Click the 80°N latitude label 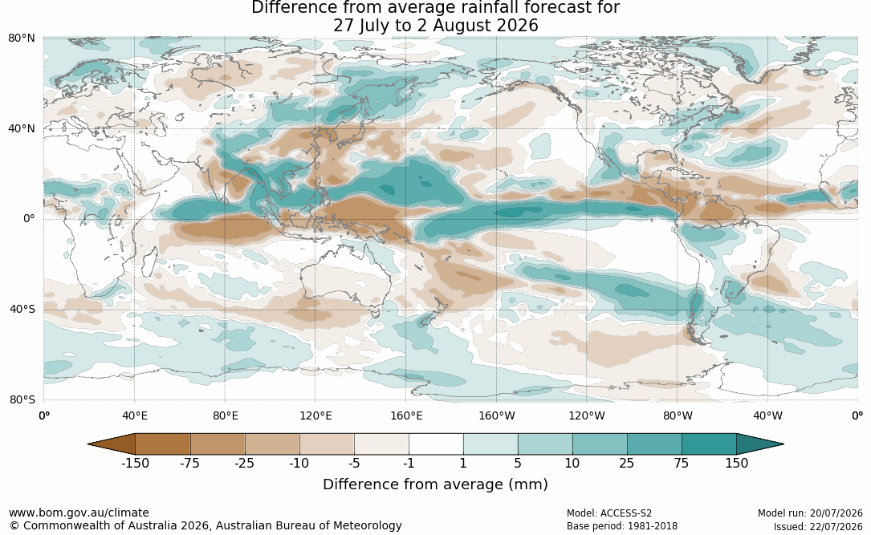[21, 39]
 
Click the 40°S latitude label [22, 309]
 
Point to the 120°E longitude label [315, 415]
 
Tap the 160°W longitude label [497, 415]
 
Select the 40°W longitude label [768, 415]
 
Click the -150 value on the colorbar [135, 464]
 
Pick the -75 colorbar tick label [189, 464]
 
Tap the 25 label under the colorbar [627, 464]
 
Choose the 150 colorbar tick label [737, 464]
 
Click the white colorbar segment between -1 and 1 [436, 444]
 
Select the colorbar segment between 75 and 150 [710, 444]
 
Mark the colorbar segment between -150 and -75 [162, 444]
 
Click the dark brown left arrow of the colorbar [112, 444]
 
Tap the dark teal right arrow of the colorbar [760, 444]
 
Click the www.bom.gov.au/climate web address [79, 513]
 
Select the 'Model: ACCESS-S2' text [609, 513]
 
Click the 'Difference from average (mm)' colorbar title [435, 484]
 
